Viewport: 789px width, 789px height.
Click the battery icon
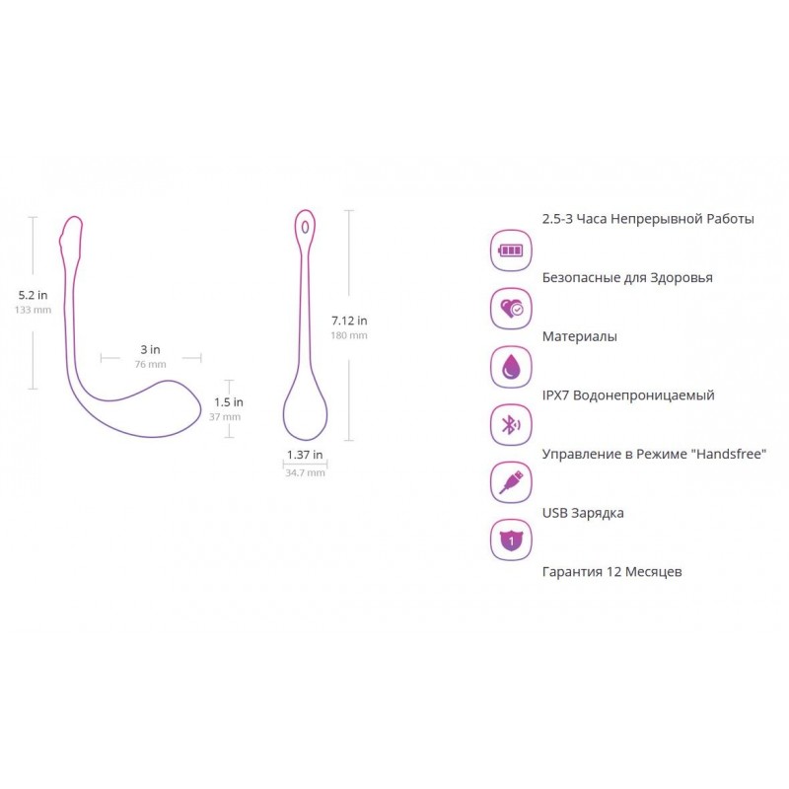511,251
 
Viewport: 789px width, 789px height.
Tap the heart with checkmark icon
511,309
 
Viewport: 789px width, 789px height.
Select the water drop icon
511,367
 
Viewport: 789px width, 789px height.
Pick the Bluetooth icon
511,425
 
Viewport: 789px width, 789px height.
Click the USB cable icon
511,483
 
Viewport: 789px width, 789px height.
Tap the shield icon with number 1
511,540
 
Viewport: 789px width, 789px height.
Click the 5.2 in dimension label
33,295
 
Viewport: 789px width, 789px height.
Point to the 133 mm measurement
33,310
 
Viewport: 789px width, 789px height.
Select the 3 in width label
150,349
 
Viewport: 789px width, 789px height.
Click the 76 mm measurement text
150,364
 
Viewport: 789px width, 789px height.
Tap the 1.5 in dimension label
229,402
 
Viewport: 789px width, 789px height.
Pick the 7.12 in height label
349,321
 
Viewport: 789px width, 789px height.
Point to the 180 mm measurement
349,335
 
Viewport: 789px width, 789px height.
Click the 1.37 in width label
305,455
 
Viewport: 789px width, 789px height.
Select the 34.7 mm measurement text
305,473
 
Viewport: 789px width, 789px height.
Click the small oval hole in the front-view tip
305,228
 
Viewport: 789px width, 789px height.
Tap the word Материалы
579,336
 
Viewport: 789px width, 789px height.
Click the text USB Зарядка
583,513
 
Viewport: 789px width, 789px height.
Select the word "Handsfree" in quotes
729,454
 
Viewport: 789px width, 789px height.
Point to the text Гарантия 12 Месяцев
611,572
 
